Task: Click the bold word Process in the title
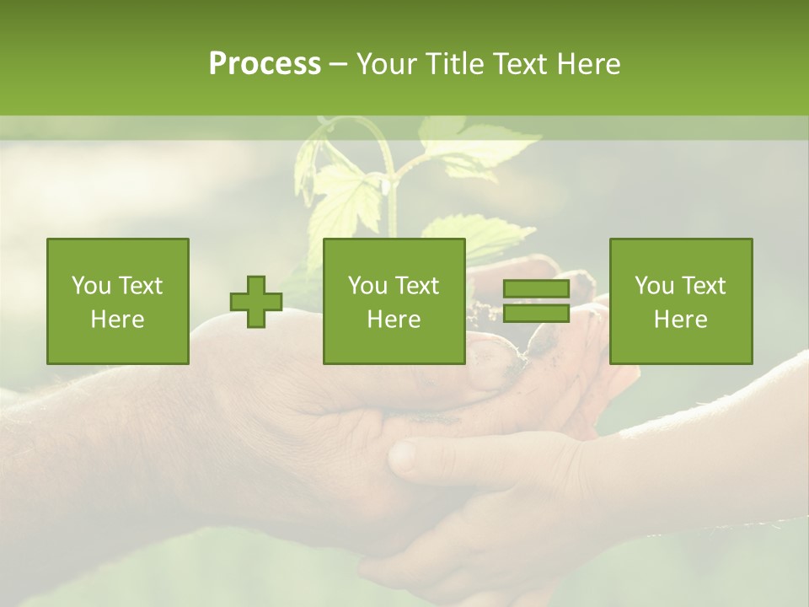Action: pyautogui.click(x=265, y=64)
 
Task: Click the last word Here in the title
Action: pyautogui.click(x=587, y=64)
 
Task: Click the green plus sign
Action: pyautogui.click(x=256, y=302)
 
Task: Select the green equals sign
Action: pyautogui.click(x=536, y=302)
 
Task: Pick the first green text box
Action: pyautogui.click(x=118, y=302)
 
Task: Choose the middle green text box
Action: pyautogui.click(x=394, y=302)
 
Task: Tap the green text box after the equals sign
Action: pyautogui.click(x=681, y=302)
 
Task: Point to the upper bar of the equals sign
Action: pyautogui.click(x=536, y=290)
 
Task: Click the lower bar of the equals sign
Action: pyautogui.click(x=536, y=314)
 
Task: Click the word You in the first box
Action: pyautogui.click(x=89, y=286)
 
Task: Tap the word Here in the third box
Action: pyautogui.click(x=681, y=320)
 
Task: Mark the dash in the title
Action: pyautogui.click(x=339, y=65)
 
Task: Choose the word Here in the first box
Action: pyautogui.click(x=118, y=320)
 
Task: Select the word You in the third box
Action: pyautogui.click(x=653, y=286)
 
